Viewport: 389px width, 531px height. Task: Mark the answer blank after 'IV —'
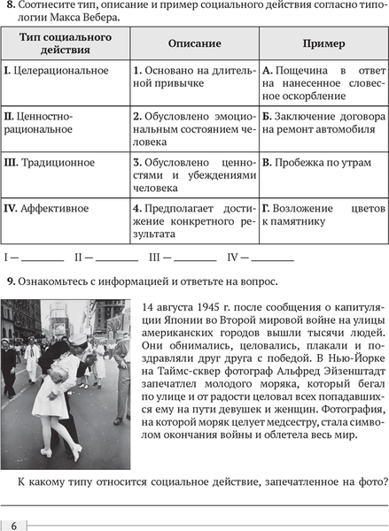(272, 260)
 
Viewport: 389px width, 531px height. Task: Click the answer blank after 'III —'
(195, 260)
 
